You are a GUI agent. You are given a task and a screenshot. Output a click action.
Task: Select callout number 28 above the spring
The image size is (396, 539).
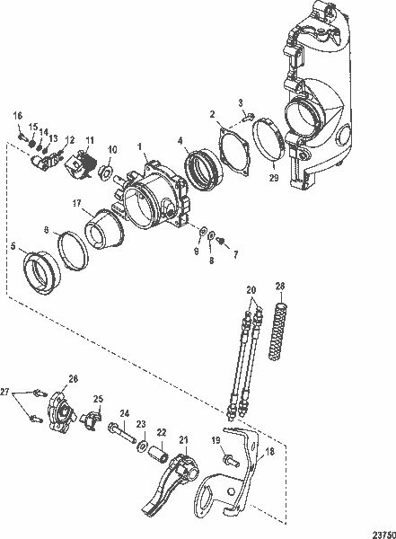point(279,287)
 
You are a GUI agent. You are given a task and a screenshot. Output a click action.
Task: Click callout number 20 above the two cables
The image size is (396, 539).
point(251,290)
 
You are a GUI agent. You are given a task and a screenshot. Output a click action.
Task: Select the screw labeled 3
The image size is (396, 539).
point(248,116)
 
